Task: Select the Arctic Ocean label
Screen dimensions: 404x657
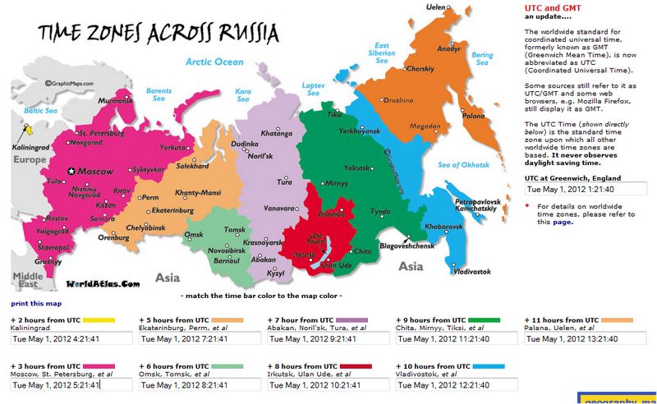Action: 215,62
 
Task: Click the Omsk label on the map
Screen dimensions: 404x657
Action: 195,236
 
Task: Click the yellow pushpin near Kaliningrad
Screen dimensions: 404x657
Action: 29,131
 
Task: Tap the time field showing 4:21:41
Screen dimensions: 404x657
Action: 71,337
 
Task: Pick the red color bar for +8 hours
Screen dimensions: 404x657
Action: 356,365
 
